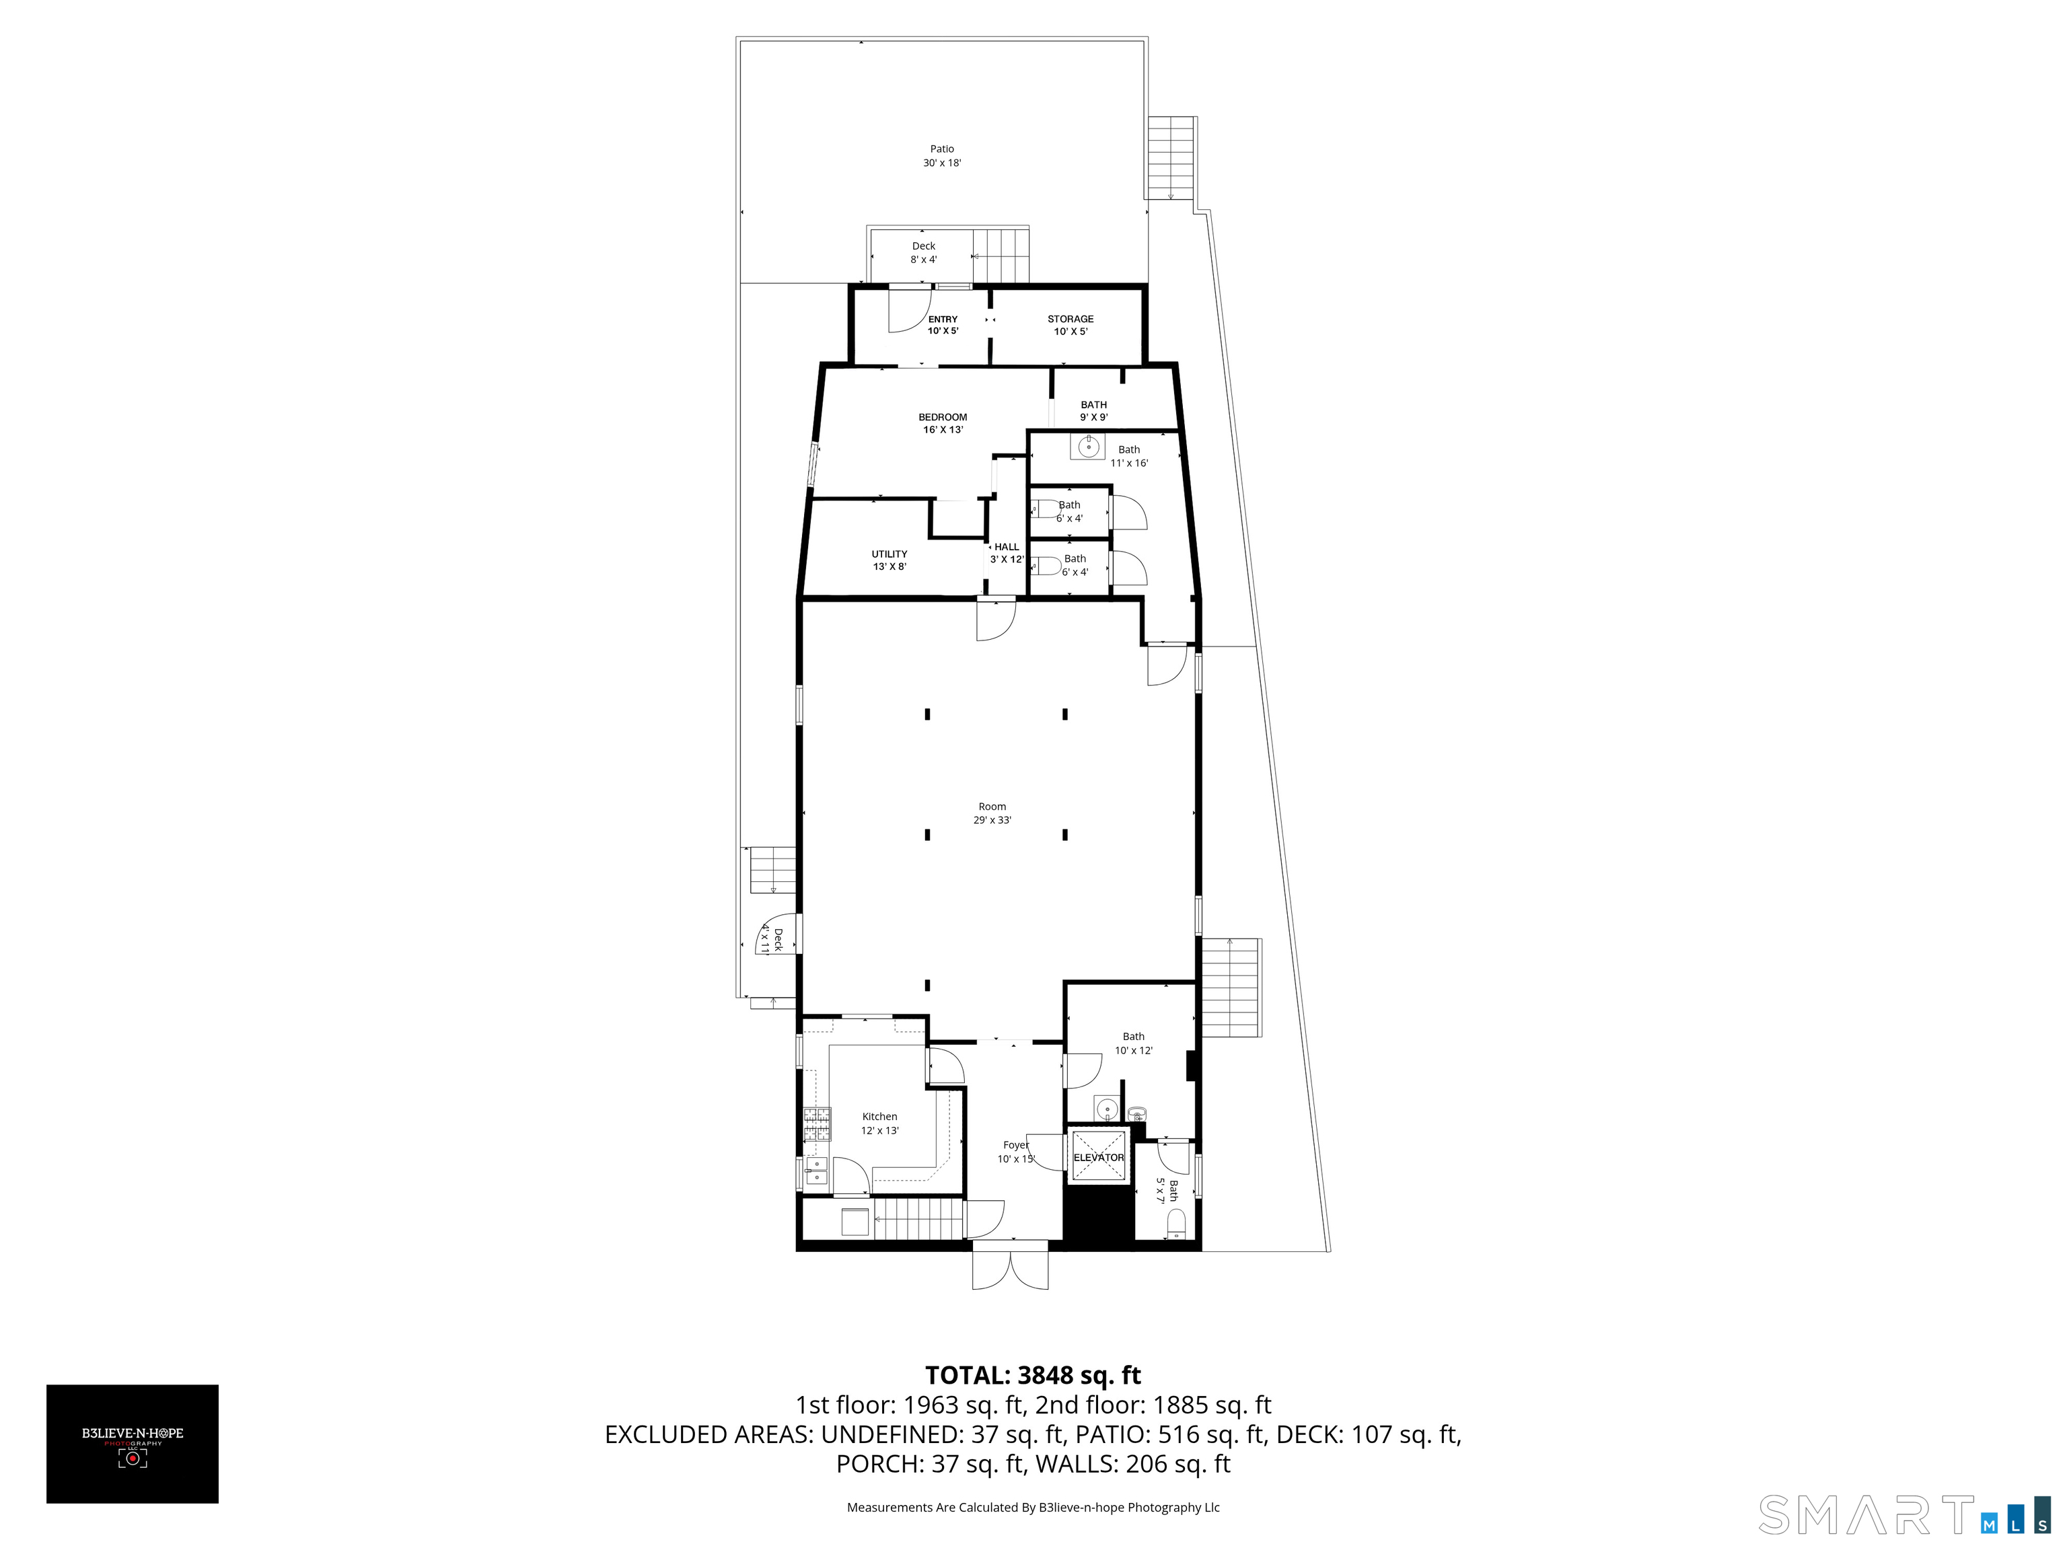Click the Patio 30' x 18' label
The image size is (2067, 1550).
pos(942,156)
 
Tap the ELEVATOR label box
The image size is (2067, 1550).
pos(1098,1158)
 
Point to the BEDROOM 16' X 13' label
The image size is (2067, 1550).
pos(942,423)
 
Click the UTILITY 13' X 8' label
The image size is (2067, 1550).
pos(889,560)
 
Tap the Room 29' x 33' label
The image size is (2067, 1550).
pos(992,813)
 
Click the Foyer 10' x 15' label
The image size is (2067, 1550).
pos(1016,1152)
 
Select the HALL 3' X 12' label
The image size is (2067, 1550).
pos(1007,553)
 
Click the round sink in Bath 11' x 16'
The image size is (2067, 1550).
pos(1088,447)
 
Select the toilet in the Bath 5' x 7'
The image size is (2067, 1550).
pos(1176,1222)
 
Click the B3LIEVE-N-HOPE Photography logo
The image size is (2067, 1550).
pos(133,1444)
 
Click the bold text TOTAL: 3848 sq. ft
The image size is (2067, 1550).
pos(1033,1375)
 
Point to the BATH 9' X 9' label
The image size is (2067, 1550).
pos(1093,411)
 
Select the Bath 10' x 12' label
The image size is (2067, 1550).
pos(1134,1043)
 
